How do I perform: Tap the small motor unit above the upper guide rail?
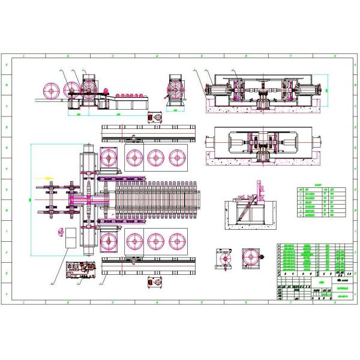155,118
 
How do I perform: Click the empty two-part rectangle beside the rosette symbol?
71,237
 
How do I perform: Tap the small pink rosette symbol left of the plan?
58,232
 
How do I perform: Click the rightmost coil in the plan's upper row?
176,158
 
